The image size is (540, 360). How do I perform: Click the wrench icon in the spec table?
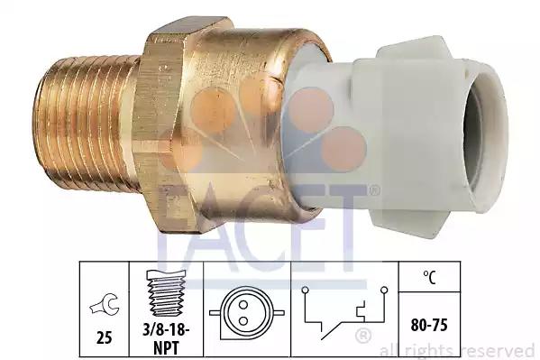[x=105, y=304]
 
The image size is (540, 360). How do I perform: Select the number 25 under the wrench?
[x=104, y=337]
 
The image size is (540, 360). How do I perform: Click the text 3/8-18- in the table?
[x=166, y=330]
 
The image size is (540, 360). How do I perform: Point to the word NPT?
[x=166, y=347]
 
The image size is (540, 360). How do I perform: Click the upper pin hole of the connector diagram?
[x=243, y=305]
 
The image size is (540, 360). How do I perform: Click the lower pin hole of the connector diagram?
[x=243, y=321]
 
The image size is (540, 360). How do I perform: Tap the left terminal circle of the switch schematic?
[x=305, y=291]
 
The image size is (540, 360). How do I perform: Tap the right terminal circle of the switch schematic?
[x=384, y=290]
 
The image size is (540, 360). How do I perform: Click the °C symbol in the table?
[x=429, y=277]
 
